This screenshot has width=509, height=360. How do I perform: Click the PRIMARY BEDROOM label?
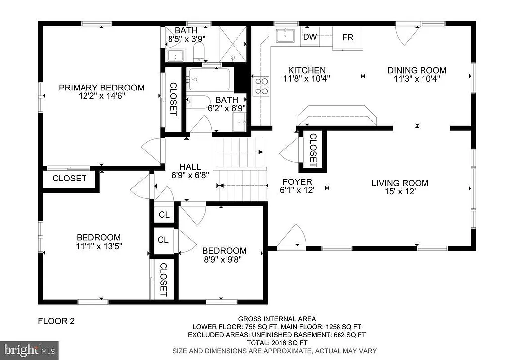(x=101, y=88)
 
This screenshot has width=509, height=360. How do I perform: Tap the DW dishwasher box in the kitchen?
(x=310, y=37)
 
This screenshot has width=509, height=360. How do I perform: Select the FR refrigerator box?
(x=348, y=37)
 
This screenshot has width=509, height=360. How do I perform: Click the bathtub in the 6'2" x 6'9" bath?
(x=209, y=79)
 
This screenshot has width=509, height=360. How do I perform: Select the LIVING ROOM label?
(x=400, y=183)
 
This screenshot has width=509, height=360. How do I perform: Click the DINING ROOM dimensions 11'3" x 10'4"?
(x=417, y=78)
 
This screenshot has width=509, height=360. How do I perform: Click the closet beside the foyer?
(x=313, y=150)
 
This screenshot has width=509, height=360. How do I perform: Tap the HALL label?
(x=190, y=167)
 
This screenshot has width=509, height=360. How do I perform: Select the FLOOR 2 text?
(x=56, y=321)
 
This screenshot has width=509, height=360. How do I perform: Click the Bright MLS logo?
(x=29, y=349)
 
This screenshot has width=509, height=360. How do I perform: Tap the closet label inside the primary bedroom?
(x=173, y=99)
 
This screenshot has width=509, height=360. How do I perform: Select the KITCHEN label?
(x=307, y=70)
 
